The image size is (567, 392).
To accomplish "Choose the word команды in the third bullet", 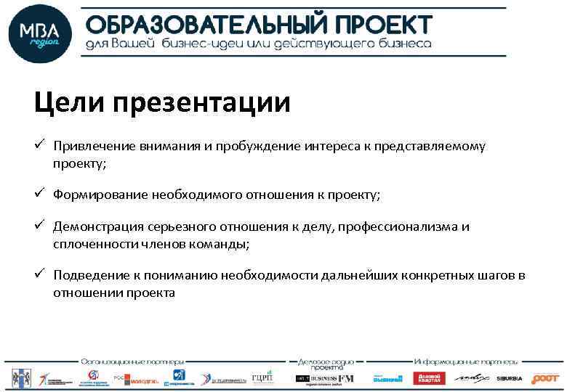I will point(222,245).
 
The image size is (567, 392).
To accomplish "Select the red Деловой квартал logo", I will point(429,378).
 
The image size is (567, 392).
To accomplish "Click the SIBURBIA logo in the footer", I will point(509,378).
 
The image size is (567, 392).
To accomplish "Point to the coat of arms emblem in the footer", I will point(20,377).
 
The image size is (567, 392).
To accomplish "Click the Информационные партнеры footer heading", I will point(466,361).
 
